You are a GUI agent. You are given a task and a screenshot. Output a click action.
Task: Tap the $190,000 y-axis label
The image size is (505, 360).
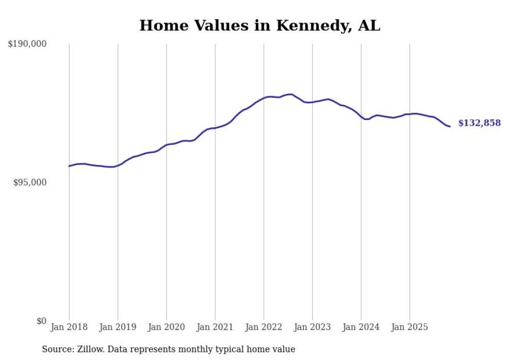[27, 44]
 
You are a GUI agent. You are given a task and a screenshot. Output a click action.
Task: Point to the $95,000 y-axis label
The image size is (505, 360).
[30, 183]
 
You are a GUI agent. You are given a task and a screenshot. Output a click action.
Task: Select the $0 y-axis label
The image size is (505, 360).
[41, 321]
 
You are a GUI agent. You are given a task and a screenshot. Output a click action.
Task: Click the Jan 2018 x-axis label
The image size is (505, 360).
[69, 327]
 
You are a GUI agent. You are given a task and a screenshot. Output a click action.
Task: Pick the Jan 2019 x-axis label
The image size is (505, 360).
[117, 327]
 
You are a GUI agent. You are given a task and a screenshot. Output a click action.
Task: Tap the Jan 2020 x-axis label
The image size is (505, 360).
[166, 327]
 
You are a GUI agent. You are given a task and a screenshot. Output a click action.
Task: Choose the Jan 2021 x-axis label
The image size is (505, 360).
[215, 327]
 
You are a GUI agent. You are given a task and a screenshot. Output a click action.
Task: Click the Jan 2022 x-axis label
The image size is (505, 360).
[264, 327]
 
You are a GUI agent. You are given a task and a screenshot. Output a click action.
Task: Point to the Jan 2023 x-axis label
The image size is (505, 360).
[312, 327]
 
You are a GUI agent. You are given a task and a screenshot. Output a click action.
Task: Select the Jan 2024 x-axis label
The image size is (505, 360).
[361, 327]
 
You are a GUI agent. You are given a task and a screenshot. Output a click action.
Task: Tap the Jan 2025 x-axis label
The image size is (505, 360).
[410, 327]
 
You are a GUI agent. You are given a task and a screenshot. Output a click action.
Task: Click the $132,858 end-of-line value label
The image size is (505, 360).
[479, 123]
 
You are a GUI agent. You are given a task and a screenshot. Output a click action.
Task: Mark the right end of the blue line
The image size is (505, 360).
[450, 127]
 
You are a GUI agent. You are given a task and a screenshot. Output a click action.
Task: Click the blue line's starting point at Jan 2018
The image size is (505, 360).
[69, 166]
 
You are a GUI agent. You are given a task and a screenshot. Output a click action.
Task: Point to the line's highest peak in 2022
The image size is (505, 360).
[291, 94]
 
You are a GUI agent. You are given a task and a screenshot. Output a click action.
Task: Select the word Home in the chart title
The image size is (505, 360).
[160, 25]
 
